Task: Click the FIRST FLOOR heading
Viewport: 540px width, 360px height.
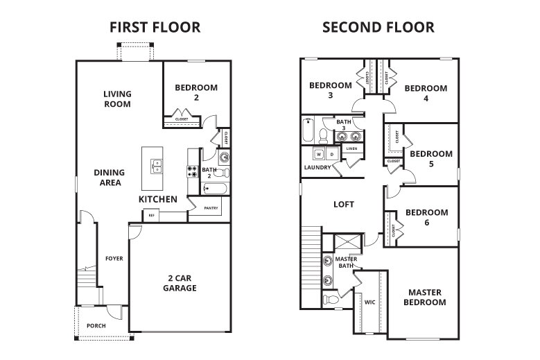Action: [x=155, y=28]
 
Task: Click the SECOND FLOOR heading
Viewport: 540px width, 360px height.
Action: [x=378, y=28]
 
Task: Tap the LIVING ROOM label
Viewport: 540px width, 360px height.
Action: [x=117, y=98]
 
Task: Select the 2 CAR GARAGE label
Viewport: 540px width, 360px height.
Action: [x=180, y=282]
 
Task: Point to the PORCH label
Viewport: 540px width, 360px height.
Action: [x=96, y=325]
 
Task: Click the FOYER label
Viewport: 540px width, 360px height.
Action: [x=114, y=259]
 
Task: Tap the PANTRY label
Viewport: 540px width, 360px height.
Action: [x=213, y=207]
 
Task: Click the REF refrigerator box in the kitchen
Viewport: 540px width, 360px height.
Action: [x=151, y=215]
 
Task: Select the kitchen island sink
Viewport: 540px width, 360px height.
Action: [x=157, y=166]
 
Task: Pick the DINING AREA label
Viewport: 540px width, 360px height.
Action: [x=110, y=178]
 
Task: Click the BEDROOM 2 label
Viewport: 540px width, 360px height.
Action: [x=196, y=93]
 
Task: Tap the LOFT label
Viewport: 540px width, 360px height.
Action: [x=344, y=205]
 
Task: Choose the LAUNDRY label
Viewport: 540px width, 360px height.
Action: [x=317, y=168]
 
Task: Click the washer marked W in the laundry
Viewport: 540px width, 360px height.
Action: [x=320, y=153]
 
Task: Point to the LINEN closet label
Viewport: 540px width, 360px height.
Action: [x=351, y=148]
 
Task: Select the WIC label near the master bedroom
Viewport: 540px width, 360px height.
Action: [x=369, y=302]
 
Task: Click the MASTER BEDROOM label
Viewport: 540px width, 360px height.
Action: [x=425, y=297]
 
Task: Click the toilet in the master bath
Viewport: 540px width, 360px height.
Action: [x=331, y=300]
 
